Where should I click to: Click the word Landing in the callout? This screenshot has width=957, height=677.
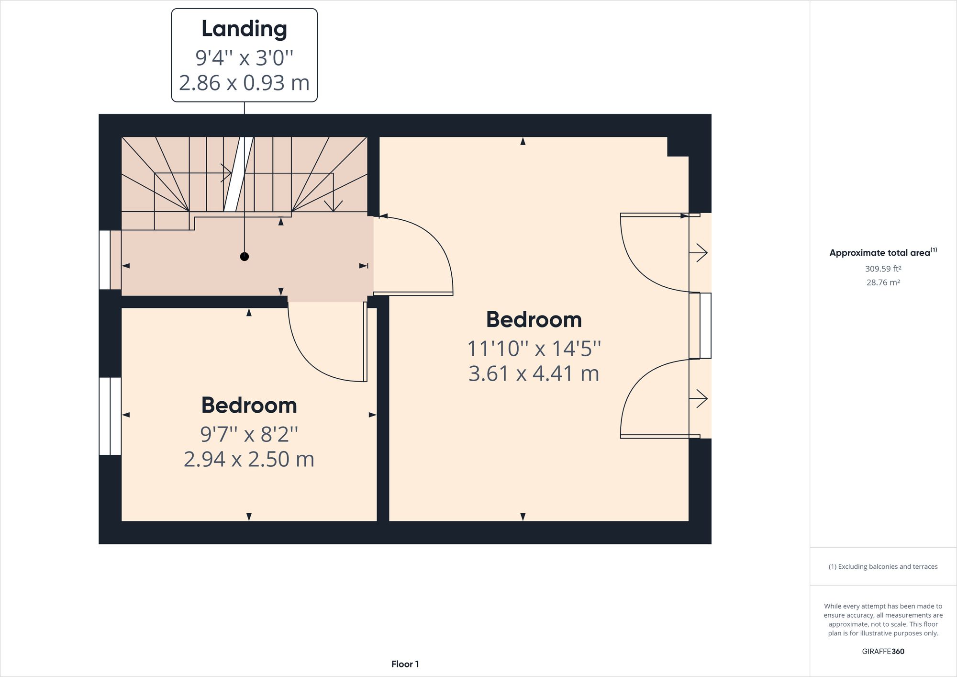[244, 29]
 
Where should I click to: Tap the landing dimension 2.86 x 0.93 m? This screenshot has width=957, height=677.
[244, 83]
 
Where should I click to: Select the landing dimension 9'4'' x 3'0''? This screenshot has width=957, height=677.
[244, 58]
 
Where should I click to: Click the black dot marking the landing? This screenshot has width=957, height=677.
[245, 257]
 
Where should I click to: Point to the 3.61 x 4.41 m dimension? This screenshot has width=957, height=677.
[534, 373]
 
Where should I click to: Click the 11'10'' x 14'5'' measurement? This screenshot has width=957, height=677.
[534, 349]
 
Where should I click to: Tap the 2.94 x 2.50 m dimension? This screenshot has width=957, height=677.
[249, 459]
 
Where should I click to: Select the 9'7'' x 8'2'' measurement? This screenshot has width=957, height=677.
[249, 434]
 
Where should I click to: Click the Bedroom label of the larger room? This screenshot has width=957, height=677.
[534, 320]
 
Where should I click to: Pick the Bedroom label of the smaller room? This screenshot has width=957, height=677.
[249, 406]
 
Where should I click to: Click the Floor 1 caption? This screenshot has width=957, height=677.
[405, 664]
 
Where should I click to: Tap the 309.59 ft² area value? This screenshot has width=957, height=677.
[883, 269]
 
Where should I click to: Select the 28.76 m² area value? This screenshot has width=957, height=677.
[883, 282]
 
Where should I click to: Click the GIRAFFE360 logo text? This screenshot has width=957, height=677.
[883, 651]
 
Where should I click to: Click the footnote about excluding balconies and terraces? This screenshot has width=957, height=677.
[883, 566]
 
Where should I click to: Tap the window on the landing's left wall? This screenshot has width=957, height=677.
[105, 260]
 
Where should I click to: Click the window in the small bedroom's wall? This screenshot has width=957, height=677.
[110, 416]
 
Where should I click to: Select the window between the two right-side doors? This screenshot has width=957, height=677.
[705, 326]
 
